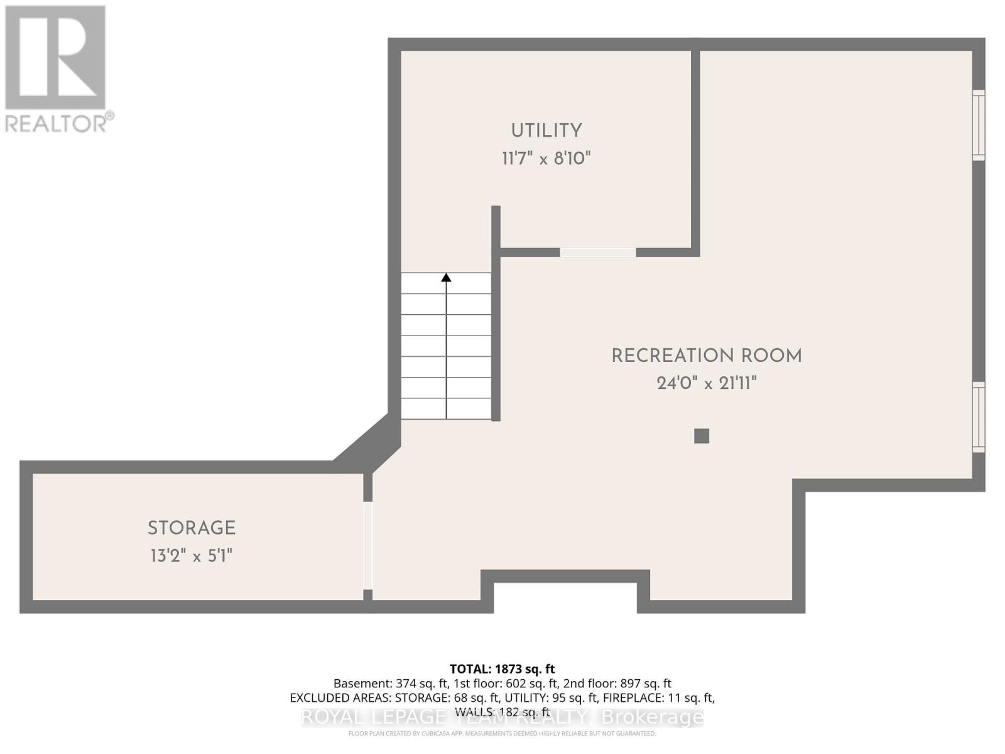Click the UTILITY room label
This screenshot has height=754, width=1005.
pyautogui.click(x=546, y=131)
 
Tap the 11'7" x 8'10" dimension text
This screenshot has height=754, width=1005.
pyautogui.click(x=546, y=158)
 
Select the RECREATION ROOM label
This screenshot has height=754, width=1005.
pyautogui.click(x=707, y=356)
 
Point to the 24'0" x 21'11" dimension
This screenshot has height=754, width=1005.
pyautogui.click(x=707, y=383)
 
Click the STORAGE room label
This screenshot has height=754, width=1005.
pyautogui.click(x=192, y=528)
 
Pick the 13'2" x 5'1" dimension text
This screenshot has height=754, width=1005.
pyautogui.click(x=192, y=556)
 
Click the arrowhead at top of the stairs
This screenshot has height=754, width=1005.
pyautogui.click(x=446, y=277)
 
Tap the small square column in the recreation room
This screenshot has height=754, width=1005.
pyautogui.click(x=702, y=435)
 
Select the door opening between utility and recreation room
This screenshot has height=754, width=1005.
pyautogui.click(x=597, y=252)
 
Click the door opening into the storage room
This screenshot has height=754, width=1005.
pyautogui.click(x=368, y=545)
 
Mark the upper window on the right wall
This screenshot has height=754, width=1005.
pyautogui.click(x=979, y=124)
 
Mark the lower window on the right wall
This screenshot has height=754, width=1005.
pyautogui.click(x=979, y=417)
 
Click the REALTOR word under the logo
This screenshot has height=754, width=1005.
pyautogui.click(x=57, y=123)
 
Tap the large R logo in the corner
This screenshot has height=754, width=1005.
pyautogui.click(x=55, y=58)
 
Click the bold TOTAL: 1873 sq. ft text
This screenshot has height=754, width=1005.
pyautogui.click(x=502, y=669)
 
